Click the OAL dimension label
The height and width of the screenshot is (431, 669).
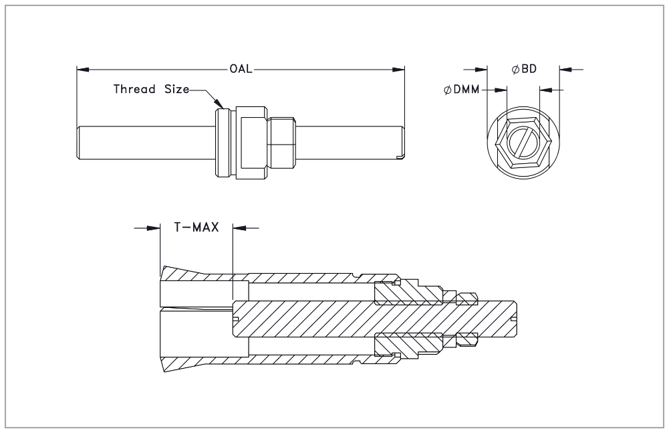[241, 69]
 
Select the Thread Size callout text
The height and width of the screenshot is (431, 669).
[151, 89]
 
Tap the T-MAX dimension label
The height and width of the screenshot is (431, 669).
[196, 228]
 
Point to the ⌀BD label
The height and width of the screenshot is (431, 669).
[525, 69]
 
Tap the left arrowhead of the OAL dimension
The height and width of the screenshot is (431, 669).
[82, 69]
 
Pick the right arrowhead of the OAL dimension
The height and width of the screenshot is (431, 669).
[401, 69]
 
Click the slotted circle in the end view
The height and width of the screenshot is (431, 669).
[523, 144]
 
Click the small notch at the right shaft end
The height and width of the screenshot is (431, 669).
[401, 157]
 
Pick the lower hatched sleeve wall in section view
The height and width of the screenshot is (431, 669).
[301, 360]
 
